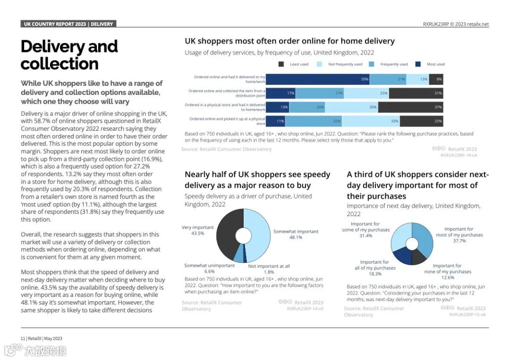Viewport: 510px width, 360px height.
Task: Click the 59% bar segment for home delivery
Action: pos(318,79)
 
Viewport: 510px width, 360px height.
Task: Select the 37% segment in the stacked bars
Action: pos(410,107)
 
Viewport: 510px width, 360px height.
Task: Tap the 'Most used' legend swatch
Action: pos(418,64)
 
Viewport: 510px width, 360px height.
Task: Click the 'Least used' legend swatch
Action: pos(281,64)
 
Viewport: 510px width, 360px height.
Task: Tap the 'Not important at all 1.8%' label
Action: pos(269,269)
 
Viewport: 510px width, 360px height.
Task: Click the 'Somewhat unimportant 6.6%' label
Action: pos(209,268)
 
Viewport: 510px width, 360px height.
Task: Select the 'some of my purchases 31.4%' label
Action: pos(365,230)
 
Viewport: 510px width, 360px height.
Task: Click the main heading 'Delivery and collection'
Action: pos(69,55)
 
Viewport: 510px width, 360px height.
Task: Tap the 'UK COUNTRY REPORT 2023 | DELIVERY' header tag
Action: pos(68,24)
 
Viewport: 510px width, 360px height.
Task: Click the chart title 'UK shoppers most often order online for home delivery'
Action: pos(289,41)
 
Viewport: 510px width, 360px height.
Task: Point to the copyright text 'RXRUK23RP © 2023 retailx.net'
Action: pos(456,25)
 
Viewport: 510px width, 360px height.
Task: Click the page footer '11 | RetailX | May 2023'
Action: pos(41,338)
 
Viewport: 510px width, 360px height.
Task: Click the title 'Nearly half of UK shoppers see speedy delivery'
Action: pos(257,180)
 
